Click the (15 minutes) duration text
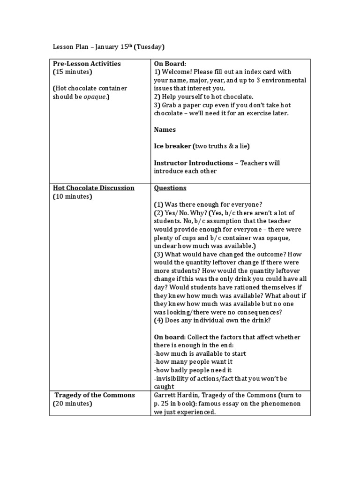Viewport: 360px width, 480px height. (73, 72)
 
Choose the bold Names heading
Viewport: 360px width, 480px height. (165, 129)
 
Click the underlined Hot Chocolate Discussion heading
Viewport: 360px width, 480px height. (93, 188)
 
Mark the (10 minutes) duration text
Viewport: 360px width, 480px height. (73, 196)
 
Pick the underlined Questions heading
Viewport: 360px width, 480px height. (170, 188)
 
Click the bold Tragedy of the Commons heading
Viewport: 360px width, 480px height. (95, 395)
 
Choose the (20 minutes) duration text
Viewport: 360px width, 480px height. (73, 404)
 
